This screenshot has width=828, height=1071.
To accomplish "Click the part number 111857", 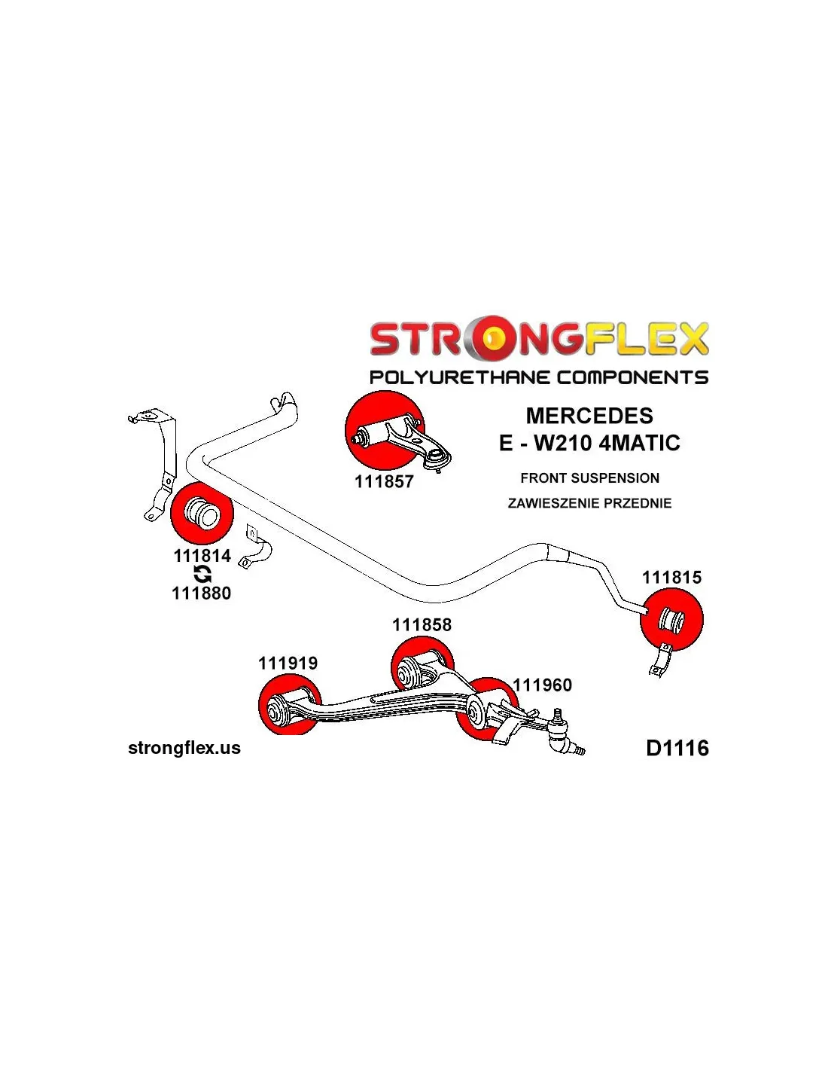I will point(384,481).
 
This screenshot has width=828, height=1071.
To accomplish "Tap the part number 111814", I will point(202,556).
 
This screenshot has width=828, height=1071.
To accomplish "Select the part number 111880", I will point(201,593).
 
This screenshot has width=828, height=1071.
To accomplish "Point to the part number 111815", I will point(671,578).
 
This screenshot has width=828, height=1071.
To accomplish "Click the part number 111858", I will point(422,624).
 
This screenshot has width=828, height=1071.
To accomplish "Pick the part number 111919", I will point(288,663).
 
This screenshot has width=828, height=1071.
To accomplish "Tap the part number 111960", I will point(542,685).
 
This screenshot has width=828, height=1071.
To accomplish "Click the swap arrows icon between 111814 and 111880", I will point(202,575).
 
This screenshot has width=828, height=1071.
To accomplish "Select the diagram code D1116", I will point(677,748).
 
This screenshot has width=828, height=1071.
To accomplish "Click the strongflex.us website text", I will point(184,748).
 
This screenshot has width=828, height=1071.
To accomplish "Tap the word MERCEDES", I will point(589,416).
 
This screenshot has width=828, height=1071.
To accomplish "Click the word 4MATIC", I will point(640,443).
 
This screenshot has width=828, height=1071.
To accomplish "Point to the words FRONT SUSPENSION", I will point(589,478).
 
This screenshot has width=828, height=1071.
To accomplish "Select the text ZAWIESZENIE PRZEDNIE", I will point(589,503).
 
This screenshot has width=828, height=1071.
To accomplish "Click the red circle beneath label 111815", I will point(671,620).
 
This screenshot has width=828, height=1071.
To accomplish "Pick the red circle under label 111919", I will point(289,705).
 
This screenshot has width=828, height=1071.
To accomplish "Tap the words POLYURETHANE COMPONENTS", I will point(539,377).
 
